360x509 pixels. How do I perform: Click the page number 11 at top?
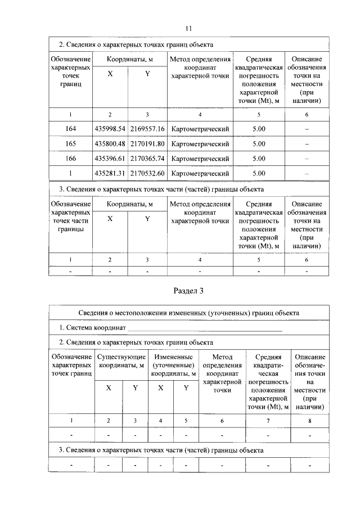point(188,28)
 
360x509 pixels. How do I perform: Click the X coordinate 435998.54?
point(110,129)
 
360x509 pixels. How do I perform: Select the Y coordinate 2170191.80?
point(147,144)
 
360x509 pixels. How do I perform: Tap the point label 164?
point(70,129)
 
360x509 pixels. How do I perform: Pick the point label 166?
point(70,159)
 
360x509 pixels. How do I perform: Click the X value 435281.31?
point(110,173)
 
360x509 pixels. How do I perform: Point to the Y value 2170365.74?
point(147,159)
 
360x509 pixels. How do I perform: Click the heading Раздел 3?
point(188,291)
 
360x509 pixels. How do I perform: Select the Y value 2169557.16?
point(147,129)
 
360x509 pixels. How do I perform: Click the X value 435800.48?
point(110,144)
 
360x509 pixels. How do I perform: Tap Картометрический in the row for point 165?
point(200,144)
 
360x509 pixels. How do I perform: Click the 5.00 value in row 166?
point(259,159)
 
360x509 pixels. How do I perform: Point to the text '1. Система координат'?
point(93,327)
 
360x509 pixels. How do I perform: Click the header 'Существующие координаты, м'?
point(122,361)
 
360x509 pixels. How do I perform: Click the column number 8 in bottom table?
point(309,421)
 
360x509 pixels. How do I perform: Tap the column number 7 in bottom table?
point(268,421)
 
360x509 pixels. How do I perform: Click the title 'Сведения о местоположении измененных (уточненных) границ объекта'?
point(188,313)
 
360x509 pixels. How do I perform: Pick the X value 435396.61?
point(110,159)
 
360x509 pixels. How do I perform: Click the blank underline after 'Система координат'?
point(205,328)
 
